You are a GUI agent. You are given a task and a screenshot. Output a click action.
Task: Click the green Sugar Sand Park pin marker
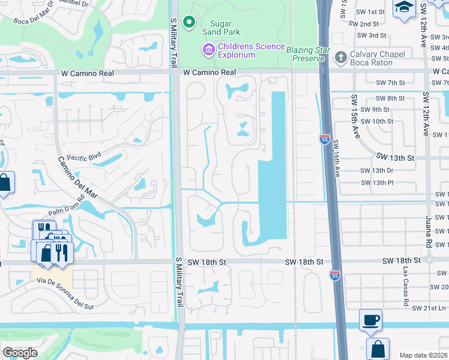point(190,23)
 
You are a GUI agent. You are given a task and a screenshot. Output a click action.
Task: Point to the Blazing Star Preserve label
point(309,53)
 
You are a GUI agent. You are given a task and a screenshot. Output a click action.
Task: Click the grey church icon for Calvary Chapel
point(340,55)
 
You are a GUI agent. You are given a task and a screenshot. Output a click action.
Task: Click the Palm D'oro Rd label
point(68,211)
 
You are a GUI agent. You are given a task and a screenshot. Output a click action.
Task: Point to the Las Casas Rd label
point(405,282)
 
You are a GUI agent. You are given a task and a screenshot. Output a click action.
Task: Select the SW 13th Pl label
point(376,182)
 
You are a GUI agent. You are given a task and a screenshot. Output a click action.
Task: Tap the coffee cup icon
point(370,320)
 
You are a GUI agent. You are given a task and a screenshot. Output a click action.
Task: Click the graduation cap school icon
point(403,8)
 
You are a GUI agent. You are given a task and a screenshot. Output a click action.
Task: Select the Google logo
point(20,353)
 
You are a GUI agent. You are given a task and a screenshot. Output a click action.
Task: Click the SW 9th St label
point(376,109)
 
